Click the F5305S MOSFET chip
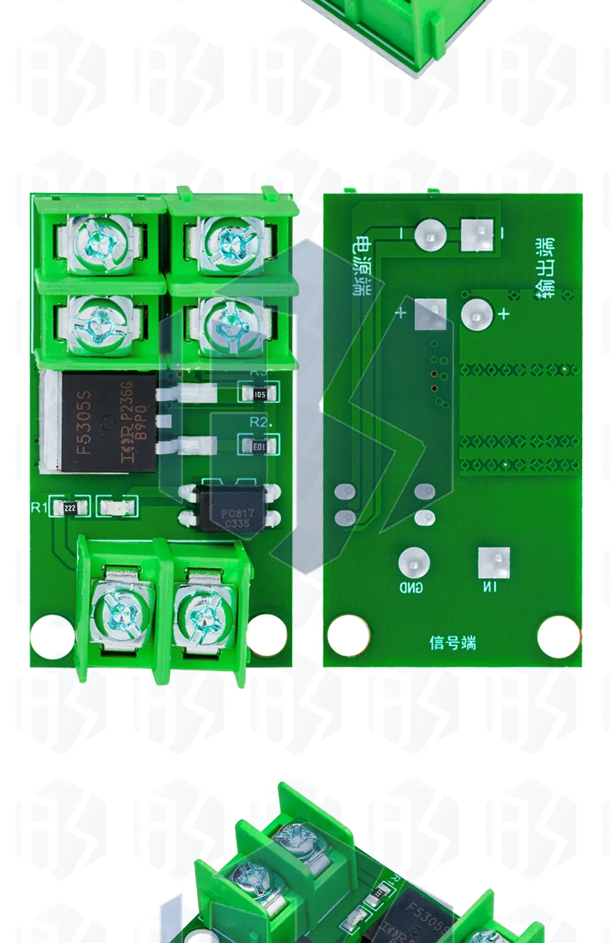tap(104, 423)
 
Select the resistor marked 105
tap(259, 394)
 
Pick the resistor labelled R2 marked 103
tap(259, 446)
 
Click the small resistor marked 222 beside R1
tap(70, 508)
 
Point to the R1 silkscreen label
tap(39, 507)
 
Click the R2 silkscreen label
tap(259, 423)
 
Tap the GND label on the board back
tap(411, 587)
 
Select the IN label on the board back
tap(490, 587)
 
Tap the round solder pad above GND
tap(414, 562)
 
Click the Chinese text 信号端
tap(452, 642)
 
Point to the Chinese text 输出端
tap(545, 269)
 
